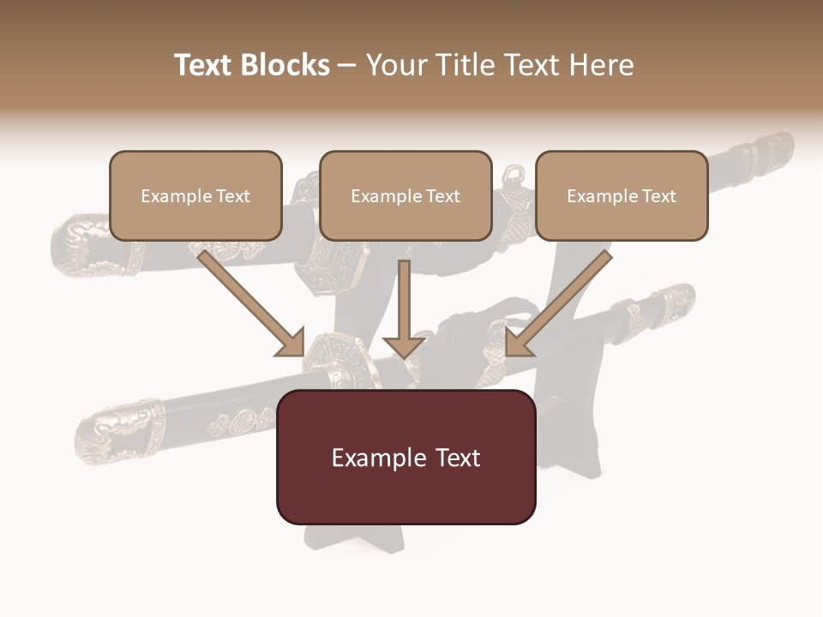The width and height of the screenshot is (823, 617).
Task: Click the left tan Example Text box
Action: tap(195, 195)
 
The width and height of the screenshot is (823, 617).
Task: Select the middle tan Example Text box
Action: tap(405, 195)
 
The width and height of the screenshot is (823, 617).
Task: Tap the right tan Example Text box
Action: tap(622, 195)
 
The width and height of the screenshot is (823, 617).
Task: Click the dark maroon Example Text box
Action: tap(405, 457)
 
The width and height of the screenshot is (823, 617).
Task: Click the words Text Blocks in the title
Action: tap(251, 65)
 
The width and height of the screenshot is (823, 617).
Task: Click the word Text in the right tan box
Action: tap(658, 196)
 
